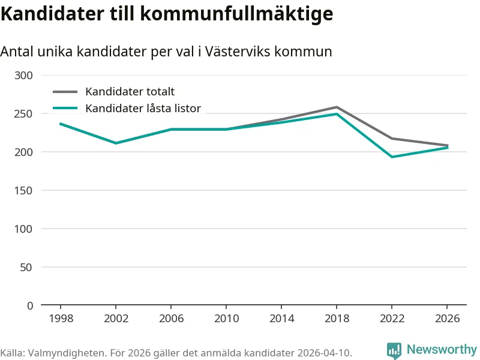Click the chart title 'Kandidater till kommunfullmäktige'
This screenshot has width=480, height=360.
click(166, 14)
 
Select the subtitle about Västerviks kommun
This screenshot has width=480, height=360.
click(166, 52)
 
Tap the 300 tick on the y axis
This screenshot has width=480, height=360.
click(25, 75)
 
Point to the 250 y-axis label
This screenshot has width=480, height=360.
click(25, 113)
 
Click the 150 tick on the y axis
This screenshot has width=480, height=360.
click(25, 190)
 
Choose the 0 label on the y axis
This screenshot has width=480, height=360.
click(30, 305)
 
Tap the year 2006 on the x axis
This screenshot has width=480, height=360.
click(171, 319)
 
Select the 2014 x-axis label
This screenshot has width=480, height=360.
click(281, 319)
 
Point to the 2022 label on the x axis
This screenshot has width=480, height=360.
click(392, 319)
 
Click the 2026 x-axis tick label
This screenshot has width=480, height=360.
click(448, 319)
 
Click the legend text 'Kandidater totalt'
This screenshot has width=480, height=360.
click(130, 92)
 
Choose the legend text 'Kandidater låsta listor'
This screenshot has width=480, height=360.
click(143, 109)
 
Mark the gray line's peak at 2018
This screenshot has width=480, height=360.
click(337, 107)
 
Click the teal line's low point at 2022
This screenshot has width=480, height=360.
click(392, 157)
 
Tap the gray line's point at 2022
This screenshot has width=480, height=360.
click(392, 139)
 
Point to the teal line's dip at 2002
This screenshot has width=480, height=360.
click(116, 143)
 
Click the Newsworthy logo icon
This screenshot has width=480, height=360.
click(394, 350)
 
